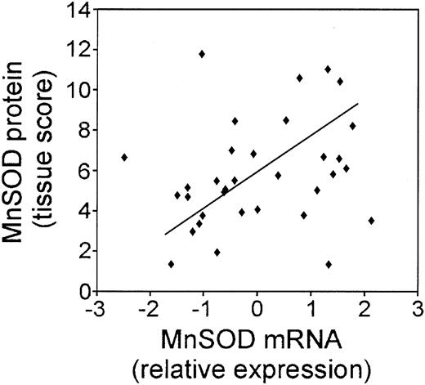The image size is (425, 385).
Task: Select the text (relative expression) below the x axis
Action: pos(257,365)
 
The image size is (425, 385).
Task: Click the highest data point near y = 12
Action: pos(202,54)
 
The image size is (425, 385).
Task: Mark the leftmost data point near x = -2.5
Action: pos(124,157)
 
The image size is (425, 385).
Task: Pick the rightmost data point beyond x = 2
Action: pos(372,221)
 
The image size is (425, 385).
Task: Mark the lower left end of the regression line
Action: pos(166,235)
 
